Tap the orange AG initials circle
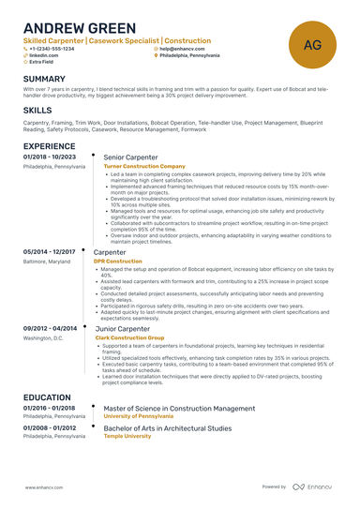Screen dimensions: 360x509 click(313, 44)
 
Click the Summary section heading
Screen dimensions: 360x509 click(44, 79)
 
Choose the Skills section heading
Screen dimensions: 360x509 click(37, 110)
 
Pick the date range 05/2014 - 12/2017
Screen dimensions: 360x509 click(50, 251)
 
